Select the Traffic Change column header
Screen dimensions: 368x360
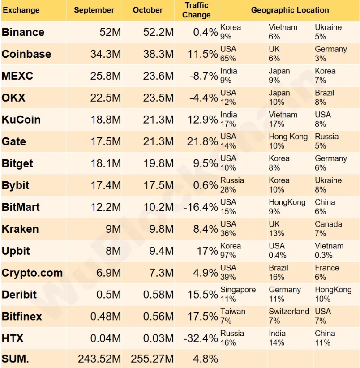pos(196,10)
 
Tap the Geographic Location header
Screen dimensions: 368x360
pos(290,10)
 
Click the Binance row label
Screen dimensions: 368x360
pos(23,32)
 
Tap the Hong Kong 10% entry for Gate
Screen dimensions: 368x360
pos(288,141)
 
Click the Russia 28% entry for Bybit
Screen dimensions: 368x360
pos(232,184)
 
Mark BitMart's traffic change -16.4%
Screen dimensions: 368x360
pos(201,207)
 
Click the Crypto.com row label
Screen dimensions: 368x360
pos(32,273)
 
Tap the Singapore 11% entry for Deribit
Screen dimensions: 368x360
pos(238,294)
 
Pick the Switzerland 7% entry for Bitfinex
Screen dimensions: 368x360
pos(289,316)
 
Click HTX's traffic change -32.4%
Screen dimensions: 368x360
pos(201,338)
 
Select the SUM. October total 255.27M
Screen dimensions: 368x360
pos(152,359)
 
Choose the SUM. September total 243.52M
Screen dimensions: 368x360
pos(99,359)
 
